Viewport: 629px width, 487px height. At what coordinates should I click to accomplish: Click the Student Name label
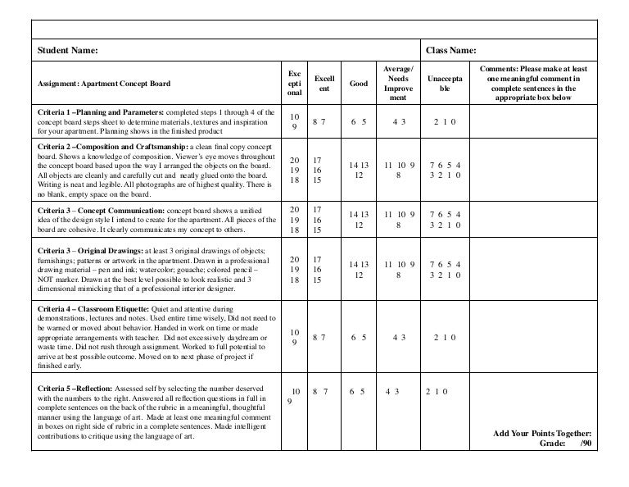pyautogui.click(x=65, y=51)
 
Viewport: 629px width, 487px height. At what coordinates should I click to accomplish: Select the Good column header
pyautogui.click(x=358, y=84)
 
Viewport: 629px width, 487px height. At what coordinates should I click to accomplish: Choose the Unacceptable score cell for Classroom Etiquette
pyautogui.click(x=445, y=337)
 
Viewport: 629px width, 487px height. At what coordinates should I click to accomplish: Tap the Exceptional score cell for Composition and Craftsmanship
pyautogui.click(x=294, y=169)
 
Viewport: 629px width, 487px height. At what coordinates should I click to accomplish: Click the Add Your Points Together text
pyautogui.click(x=542, y=433)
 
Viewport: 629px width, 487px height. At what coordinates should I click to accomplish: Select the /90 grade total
pyautogui.click(x=583, y=443)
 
